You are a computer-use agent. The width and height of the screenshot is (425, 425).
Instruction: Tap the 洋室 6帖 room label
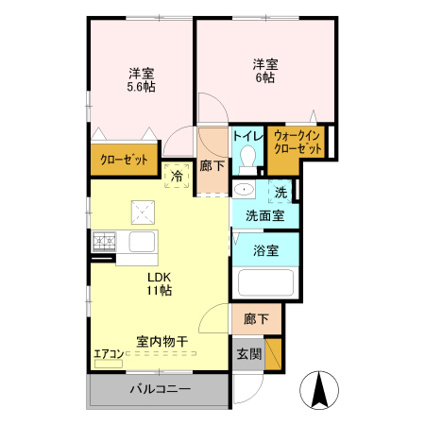coord(265,72)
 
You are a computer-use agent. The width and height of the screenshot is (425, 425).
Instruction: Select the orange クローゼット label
coord(124,161)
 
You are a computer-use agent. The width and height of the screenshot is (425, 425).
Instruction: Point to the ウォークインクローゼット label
coord(297,143)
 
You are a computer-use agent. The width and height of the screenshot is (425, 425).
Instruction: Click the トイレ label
coord(247,137)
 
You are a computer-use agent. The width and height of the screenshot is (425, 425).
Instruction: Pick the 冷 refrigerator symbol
coord(176,175)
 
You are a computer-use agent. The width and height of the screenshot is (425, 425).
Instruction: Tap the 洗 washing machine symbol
coord(280,192)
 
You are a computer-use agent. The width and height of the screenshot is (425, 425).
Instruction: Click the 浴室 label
coord(264,251)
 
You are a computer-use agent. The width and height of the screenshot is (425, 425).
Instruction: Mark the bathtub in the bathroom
coord(264,282)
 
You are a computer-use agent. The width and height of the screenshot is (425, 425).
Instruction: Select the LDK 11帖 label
coord(158,283)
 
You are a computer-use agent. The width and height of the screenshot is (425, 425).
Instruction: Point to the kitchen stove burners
coord(103,242)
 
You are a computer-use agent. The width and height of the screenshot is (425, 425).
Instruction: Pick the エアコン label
coord(108,354)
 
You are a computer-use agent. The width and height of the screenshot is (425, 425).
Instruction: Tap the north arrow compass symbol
coord(319,389)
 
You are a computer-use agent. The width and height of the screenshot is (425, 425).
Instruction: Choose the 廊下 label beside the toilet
coord(213,166)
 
